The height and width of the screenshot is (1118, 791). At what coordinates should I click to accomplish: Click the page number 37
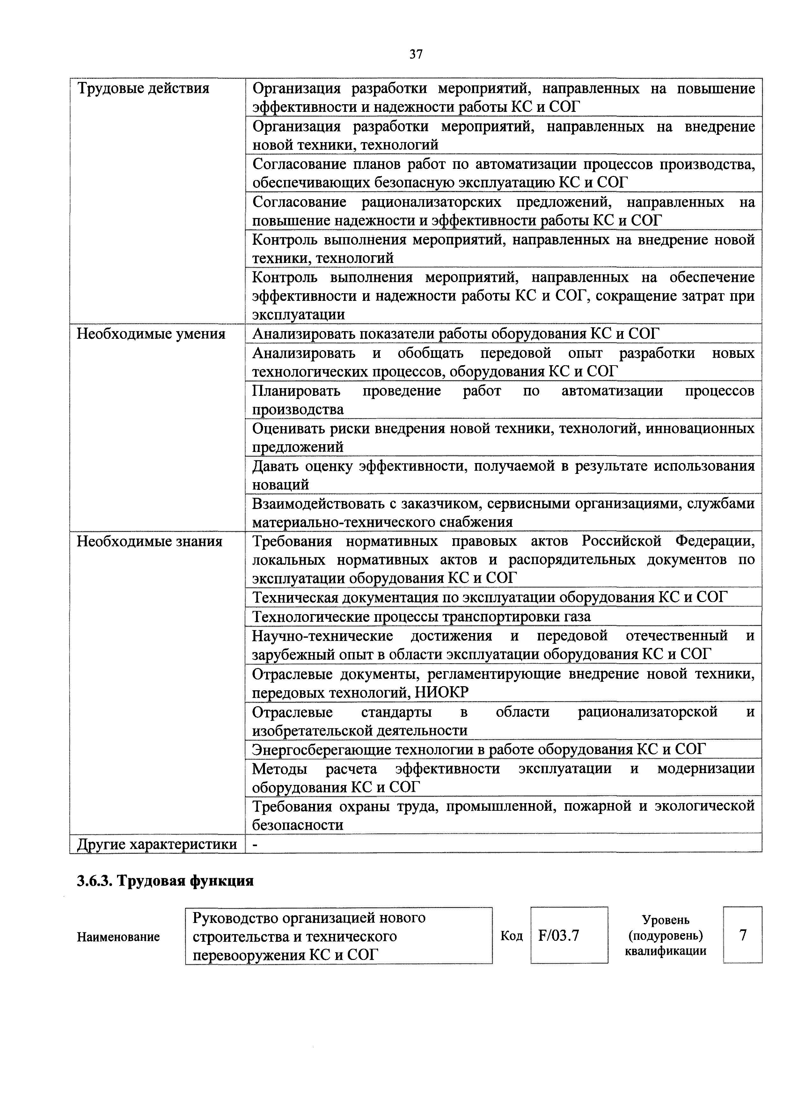click(x=415, y=54)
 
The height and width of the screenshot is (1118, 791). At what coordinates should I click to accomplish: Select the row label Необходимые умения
click(x=151, y=334)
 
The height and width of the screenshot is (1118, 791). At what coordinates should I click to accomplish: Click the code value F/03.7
click(x=559, y=935)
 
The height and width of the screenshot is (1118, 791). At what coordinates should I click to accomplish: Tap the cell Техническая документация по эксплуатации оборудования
click(x=489, y=597)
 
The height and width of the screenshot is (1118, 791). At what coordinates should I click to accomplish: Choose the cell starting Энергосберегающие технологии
click(x=478, y=749)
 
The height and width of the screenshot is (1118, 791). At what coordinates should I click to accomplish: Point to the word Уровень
click(x=665, y=920)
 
